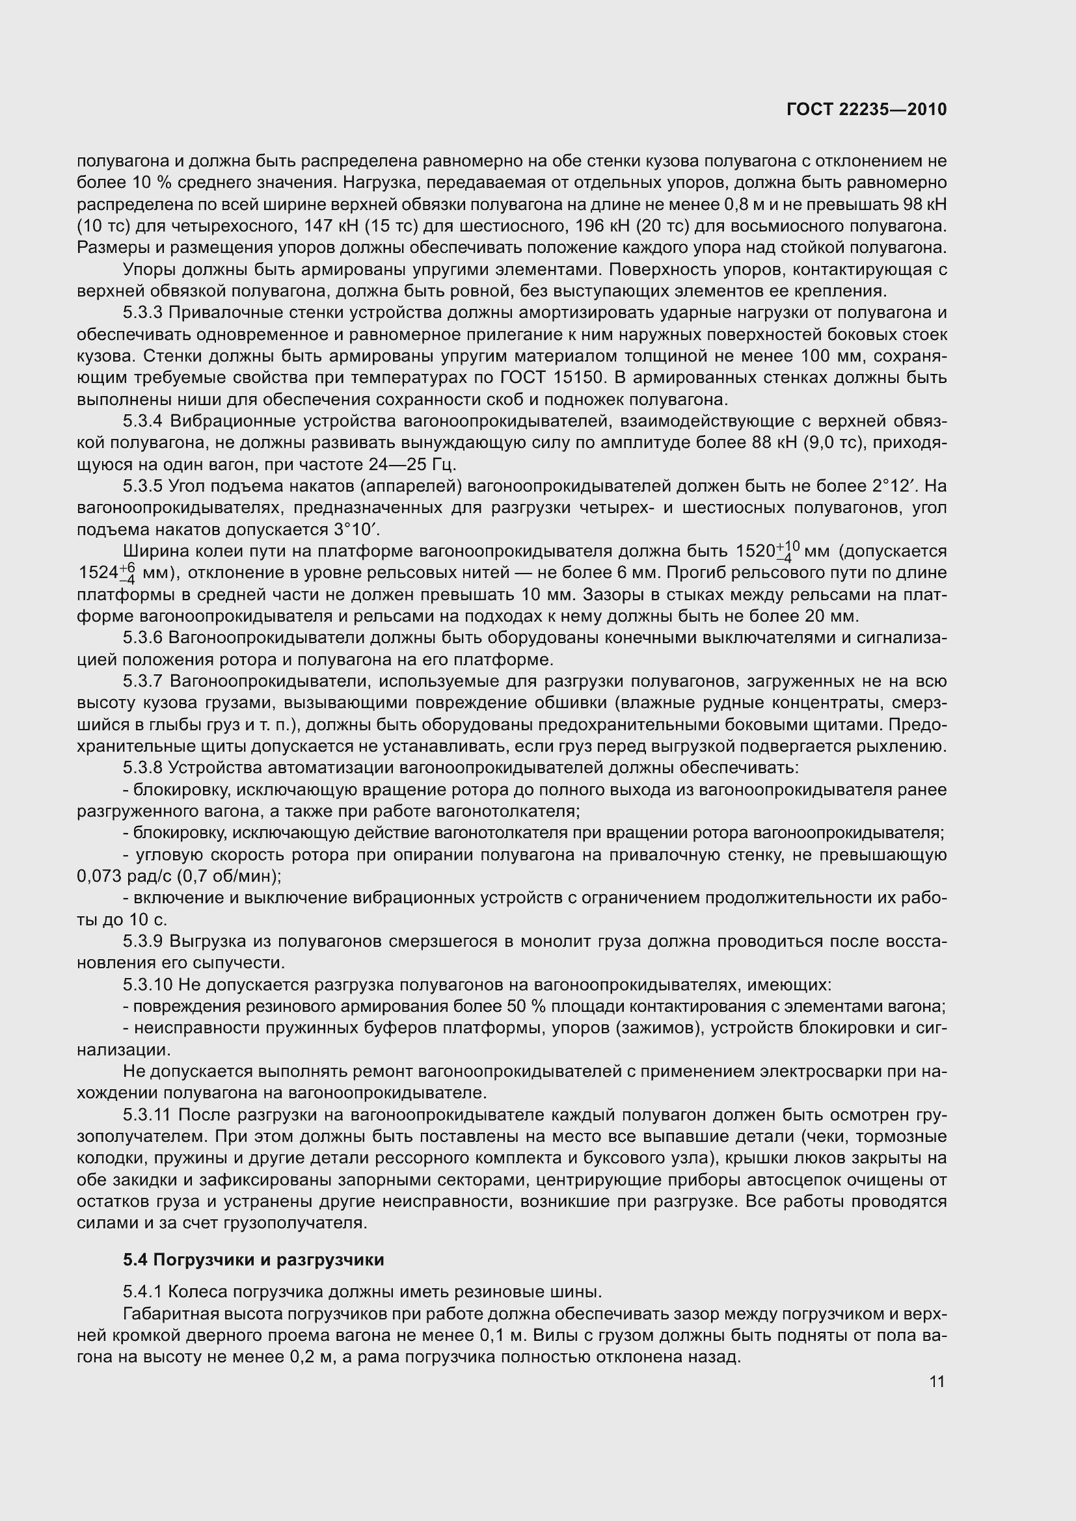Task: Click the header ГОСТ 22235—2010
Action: pos(867,110)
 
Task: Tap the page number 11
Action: pos(937,1381)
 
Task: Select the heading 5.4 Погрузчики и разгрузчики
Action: pos(253,1260)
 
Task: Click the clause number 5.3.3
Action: pos(142,313)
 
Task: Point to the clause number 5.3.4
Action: pos(142,421)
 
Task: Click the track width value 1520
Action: pos(755,551)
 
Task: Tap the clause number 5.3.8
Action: pos(142,768)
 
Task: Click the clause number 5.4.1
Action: pos(142,1292)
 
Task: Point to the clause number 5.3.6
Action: pos(142,638)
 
